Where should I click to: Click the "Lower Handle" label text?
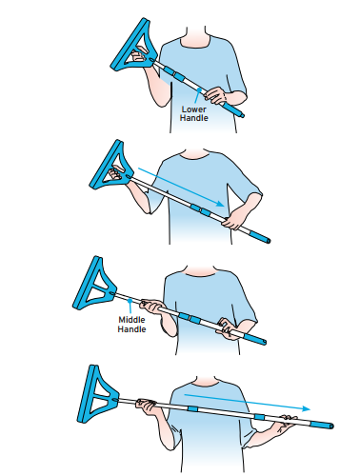click(x=194, y=113)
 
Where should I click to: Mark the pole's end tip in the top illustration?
click(x=240, y=112)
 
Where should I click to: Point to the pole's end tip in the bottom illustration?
click(x=331, y=425)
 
